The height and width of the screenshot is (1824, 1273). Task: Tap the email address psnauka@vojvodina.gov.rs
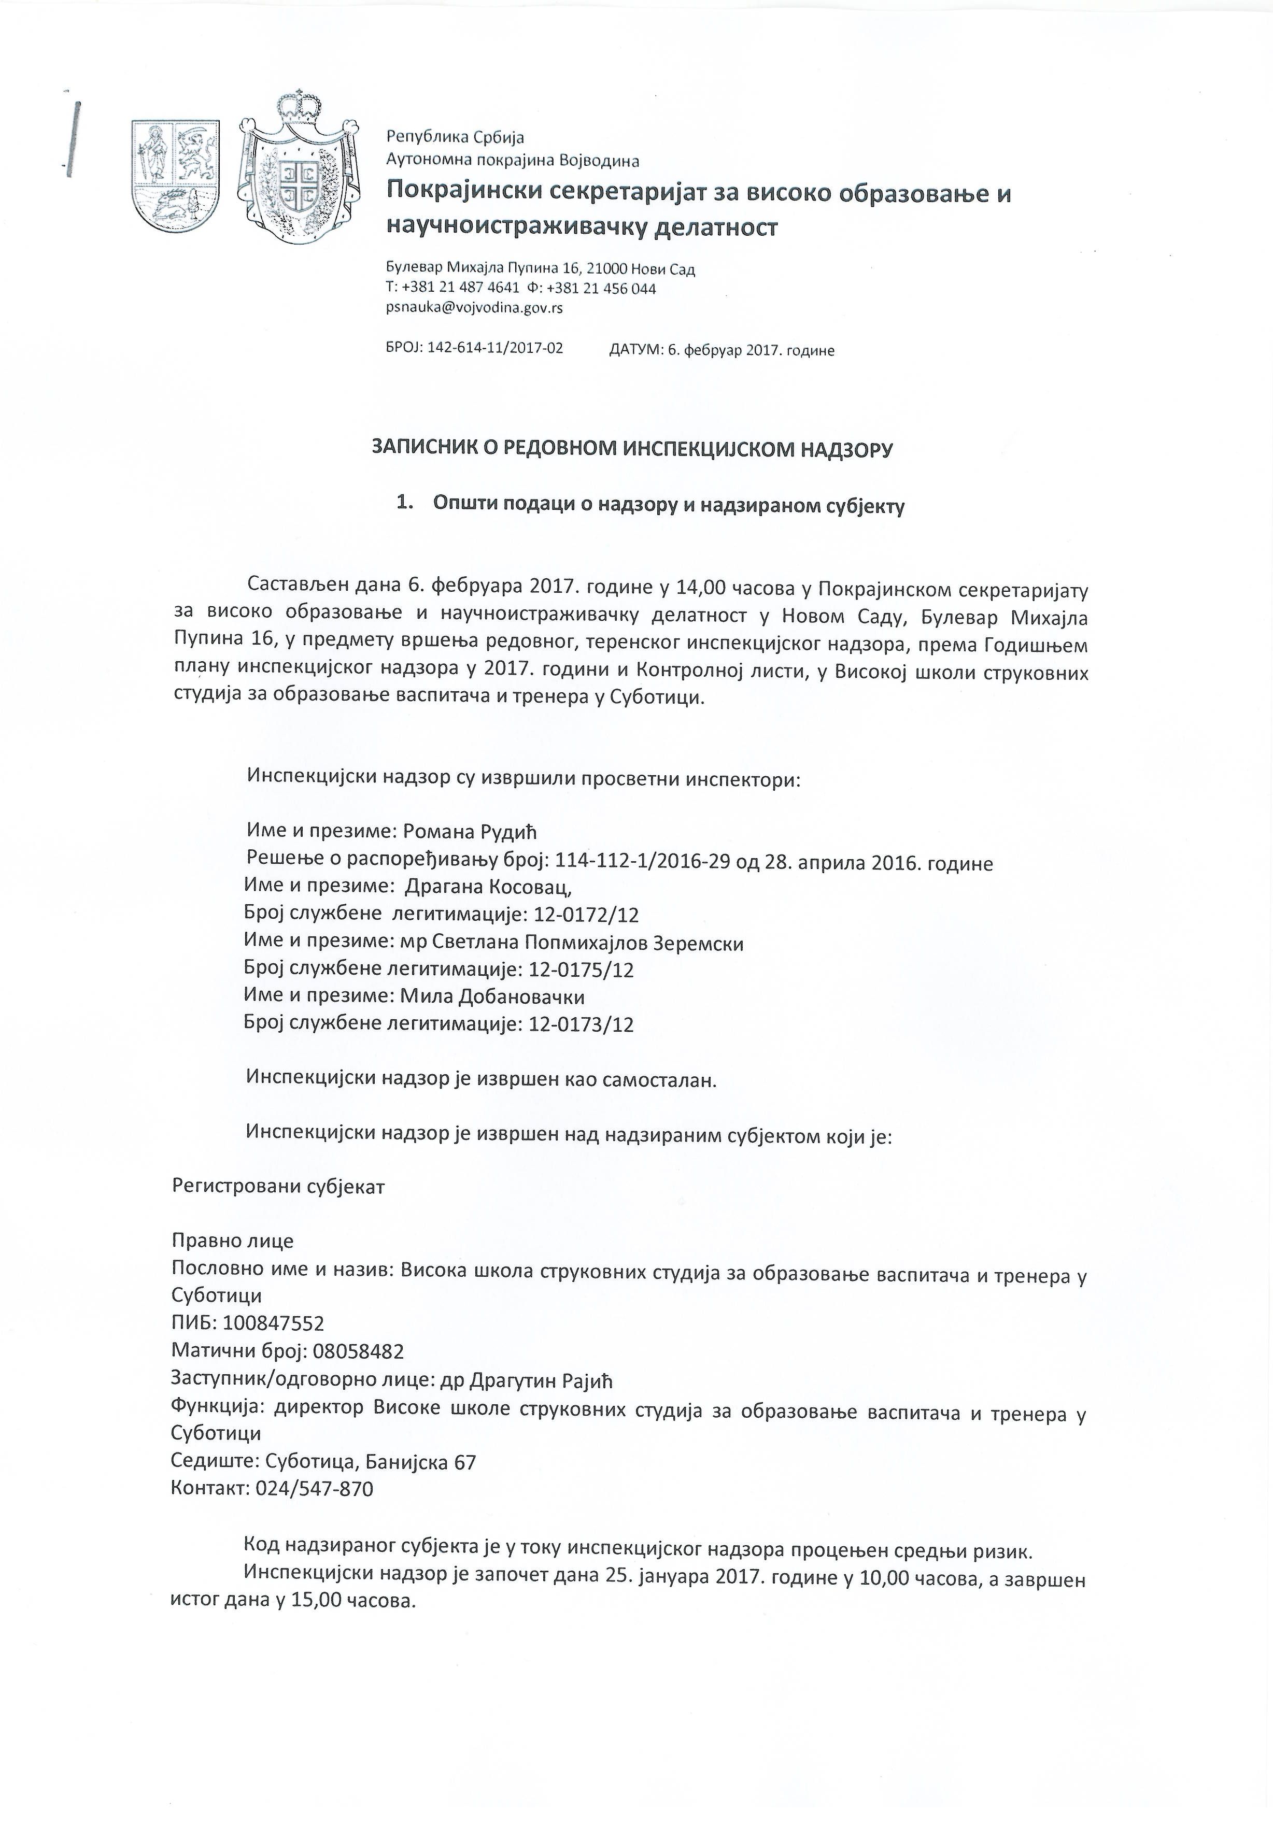coord(474,307)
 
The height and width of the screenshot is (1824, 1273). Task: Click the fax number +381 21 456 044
coord(602,289)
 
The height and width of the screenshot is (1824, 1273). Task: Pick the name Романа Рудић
coord(471,832)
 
